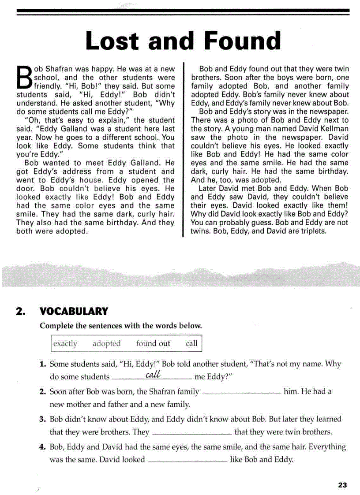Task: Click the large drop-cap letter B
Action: pyautogui.click(x=24, y=78)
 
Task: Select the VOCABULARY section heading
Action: pyautogui.click(x=74, y=312)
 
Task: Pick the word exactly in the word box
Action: pyautogui.click(x=65, y=343)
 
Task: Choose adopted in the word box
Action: pyautogui.click(x=106, y=343)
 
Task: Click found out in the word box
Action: pyautogui.click(x=153, y=343)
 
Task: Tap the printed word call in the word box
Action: pyautogui.click(x=191, y=343)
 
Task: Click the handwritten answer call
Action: pyautogui.click(x=152, y=375)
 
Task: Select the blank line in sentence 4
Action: pyautogui.click(x=187, y=462)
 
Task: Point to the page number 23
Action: pyautogui.click(x=342, y=485)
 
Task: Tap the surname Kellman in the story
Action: pyautogui.click(x=332, y=129)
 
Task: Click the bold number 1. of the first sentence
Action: pyautogui.click(x=43, y=365)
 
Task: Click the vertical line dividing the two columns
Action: pyautogui.click(x=183, y=150)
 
